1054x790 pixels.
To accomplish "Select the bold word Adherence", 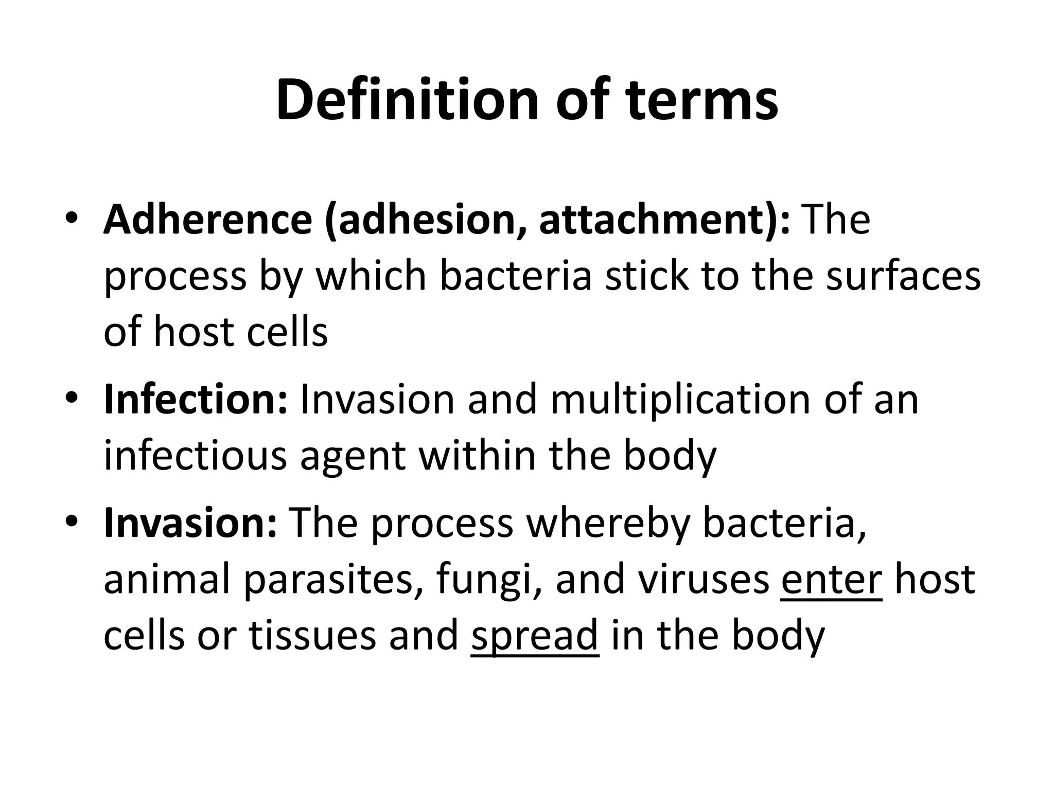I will pyautogui.click(x=208, y=220).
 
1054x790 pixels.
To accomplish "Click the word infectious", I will pyautogui.click(x=195, y=456).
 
